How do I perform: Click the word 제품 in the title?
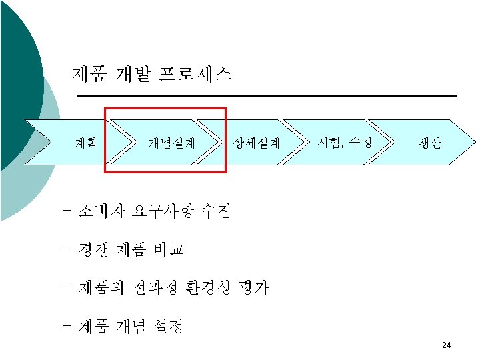[88, 74]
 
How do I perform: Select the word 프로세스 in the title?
[195, 74]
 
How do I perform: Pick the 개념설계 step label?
[171, 142]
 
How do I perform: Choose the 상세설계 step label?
[257, 142]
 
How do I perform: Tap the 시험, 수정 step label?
[345, 141]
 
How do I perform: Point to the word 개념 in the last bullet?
[131, 326]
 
